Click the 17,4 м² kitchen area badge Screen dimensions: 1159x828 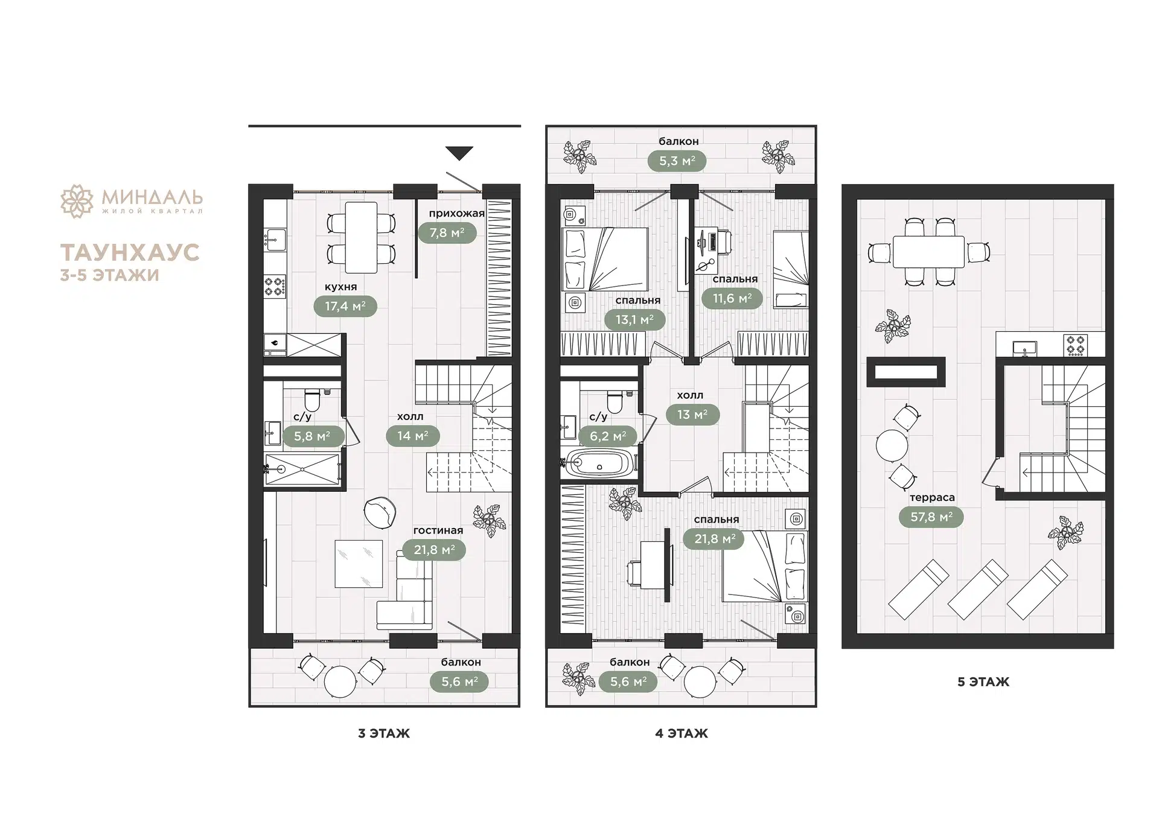point(345,307)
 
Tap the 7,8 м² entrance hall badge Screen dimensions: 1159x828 point(447,233)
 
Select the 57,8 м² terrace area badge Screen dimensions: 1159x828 point(931,517)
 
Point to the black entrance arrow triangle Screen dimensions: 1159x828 point(459,153)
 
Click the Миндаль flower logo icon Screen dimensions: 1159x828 point(77,201)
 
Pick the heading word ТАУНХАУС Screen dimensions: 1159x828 point(130,252)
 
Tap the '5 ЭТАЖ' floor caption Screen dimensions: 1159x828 point(983,682)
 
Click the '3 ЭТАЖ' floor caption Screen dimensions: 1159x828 point(384,733)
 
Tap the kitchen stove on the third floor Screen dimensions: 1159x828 point(275,285)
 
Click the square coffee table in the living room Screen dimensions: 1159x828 point(359,564)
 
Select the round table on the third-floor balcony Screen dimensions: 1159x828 point(340,681)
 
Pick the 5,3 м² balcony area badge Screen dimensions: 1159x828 point(677,161)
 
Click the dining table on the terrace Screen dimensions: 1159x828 point(928,252)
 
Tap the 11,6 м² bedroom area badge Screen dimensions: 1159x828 point(732,299)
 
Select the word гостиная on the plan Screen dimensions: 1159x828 point(438,530)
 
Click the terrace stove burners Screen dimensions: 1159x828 point(1076,345)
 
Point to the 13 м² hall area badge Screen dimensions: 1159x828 point(692,415)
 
